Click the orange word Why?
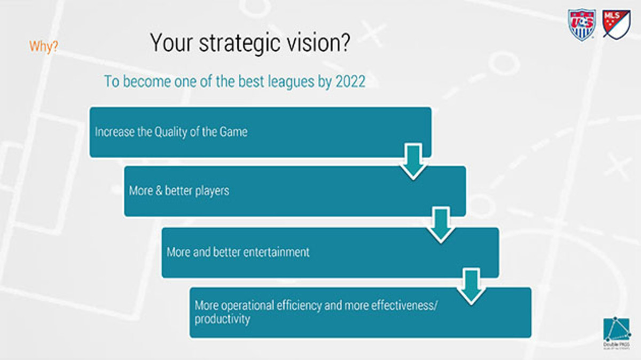tap(44, 46)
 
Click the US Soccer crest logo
tap(582, 25)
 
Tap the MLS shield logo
tap(616, 24)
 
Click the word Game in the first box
tap(233, 132)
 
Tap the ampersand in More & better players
tap(159, 191)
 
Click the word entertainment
tap(276, 252)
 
